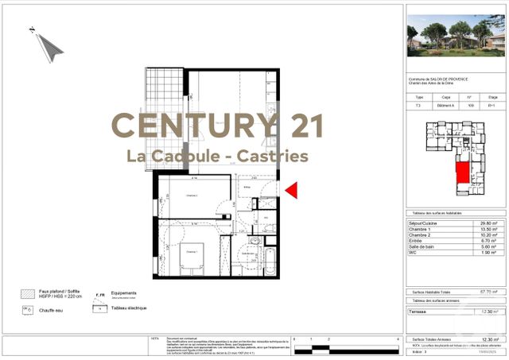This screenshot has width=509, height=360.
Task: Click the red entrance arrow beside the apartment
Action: (291, 190)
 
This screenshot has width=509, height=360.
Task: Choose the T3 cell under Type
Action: (420, 105)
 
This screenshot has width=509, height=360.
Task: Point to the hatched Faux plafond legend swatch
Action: (29, 293)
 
